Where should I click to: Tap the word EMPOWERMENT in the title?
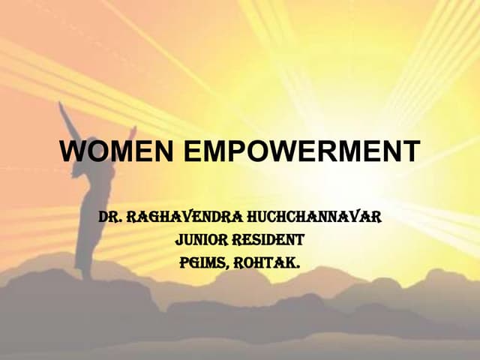click(x=301, y=151)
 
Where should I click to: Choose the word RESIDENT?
click(x=271, y=241)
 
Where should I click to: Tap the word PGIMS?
click(x=207, y=263)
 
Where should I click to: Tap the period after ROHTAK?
click(x=298, y=268)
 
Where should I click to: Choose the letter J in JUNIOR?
click(x=179, y=241)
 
